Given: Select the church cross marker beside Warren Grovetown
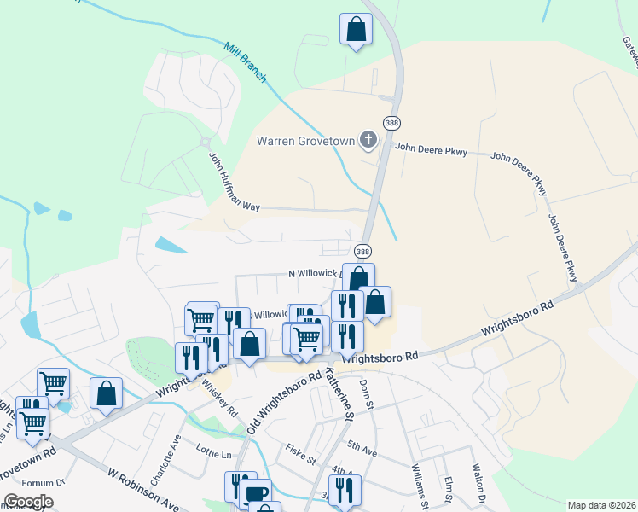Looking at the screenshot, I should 368,140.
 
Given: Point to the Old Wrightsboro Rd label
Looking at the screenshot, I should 284,400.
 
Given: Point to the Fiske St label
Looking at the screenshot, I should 300,451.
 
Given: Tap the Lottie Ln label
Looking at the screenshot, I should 214,455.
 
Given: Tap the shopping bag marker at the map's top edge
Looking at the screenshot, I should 356,30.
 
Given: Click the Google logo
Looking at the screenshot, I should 29,502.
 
